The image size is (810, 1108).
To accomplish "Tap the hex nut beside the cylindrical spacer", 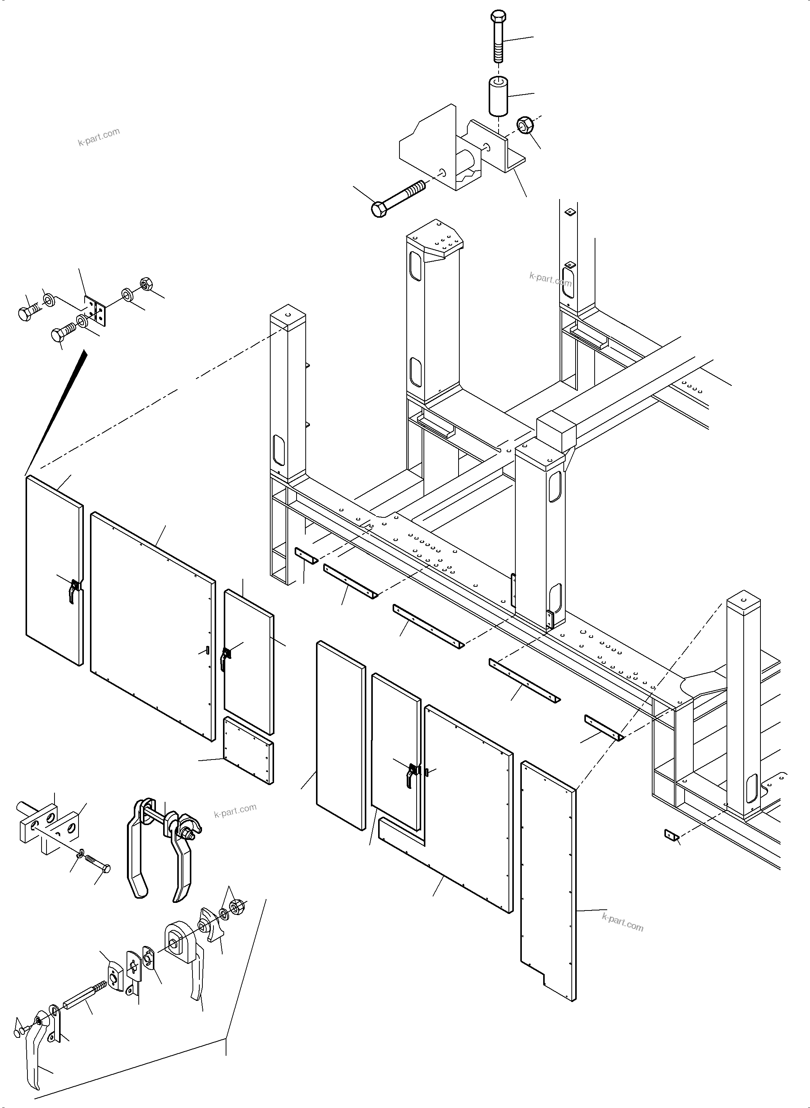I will coord(525,125).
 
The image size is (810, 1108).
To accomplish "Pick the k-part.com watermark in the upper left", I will coord(99,137).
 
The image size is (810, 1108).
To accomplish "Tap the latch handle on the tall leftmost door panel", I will coord(74,591).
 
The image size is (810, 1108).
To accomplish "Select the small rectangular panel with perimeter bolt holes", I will coord(249,751).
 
